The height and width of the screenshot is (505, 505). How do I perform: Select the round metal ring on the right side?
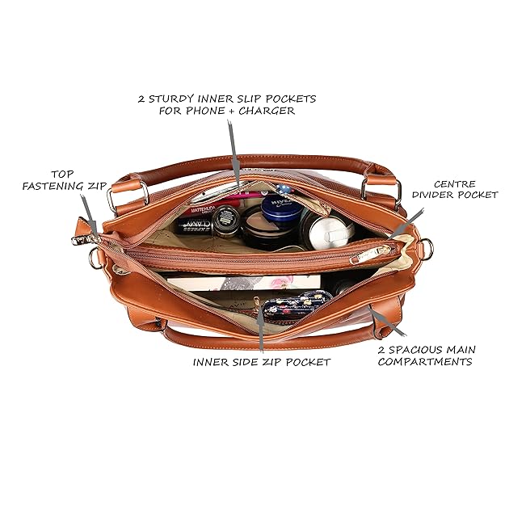[x=426, y=249]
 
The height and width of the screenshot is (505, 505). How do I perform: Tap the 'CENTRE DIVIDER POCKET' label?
[x=454, y=189]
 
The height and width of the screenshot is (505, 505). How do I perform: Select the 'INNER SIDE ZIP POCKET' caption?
[x=261, y=362]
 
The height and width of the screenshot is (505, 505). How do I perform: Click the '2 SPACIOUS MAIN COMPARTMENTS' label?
[x=426, y=356]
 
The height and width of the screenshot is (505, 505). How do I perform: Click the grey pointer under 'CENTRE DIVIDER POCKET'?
[x=408, y=221]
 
